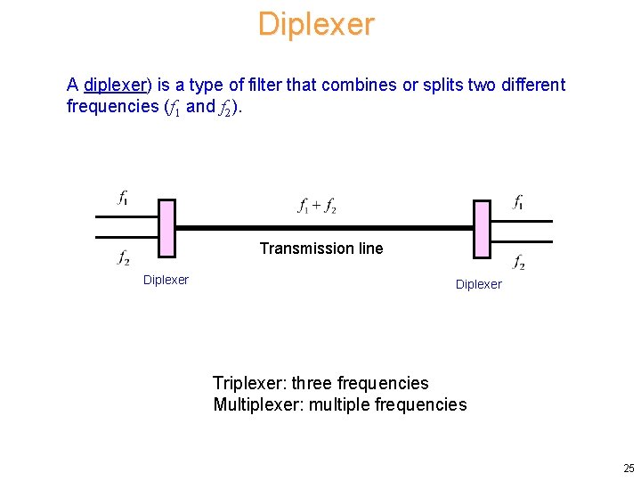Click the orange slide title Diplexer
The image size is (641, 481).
coord(316,24)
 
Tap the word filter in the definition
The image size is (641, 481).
coord(274,86)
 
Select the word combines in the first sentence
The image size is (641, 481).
coord(361,86)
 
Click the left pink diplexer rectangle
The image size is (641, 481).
coord(166,228)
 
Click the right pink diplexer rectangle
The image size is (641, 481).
coord(482,228)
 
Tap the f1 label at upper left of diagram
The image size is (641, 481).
coord(123,199)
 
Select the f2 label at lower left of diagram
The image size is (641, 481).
coord(124,258)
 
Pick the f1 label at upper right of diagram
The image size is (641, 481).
coord(518,202)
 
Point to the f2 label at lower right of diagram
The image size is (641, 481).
coord(519,262)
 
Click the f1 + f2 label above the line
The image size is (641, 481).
coord(317,206)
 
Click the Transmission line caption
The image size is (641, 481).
coord(320,249)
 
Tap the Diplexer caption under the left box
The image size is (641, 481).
coord(166,280)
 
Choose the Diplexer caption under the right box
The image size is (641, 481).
coord(478,284)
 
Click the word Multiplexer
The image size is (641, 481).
coord(254,404)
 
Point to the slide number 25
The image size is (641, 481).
coord(629,469)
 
